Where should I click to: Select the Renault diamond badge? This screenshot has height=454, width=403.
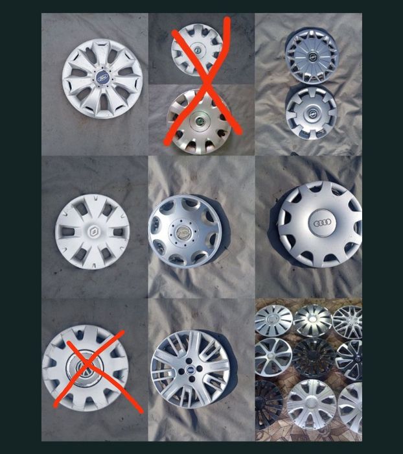93,230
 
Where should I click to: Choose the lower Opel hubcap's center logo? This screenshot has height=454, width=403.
311,111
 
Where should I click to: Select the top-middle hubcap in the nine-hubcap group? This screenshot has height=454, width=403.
312,320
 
